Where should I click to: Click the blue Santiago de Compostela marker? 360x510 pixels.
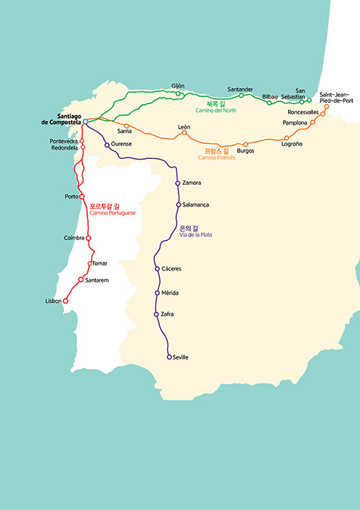click(x=85, y=122)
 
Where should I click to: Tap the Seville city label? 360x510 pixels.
click(x=180, y=357)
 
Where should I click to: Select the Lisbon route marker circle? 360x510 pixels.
click(x=66, y=301)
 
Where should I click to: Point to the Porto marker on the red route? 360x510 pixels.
click(x=81, y=196)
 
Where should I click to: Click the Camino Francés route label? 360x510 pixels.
click(x=217, y=158)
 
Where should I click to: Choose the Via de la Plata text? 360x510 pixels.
click(x=196, y=234)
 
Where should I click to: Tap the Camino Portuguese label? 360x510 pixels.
click(x=112, y=213)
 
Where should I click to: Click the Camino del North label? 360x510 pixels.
click(x=216, y=110)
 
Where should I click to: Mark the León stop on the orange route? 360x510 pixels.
click(x=184, y=132)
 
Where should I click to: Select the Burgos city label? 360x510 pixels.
click(x=246, y=151)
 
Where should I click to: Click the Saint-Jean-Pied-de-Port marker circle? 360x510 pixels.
click(x=326, y=106)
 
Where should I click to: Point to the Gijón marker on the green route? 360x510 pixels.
click(x=178, y=94)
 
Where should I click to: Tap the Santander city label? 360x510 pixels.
click(x=240, y=89)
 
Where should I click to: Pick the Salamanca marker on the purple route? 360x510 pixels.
click(x=179, y=204)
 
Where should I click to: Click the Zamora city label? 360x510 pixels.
click(x=192, y=183)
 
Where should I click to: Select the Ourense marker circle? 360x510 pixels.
click(x=107, y=145)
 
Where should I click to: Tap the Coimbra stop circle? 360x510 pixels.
click(x=89, y=238)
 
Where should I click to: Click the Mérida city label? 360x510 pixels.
click(x=170, y=293)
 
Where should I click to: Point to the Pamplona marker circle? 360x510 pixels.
click(x=312, y=122)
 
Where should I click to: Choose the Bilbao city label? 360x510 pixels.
click(x=270, y=97)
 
